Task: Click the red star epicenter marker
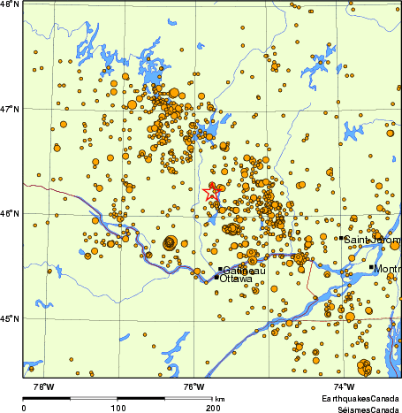click(212, 190)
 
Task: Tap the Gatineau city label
click(241, 270)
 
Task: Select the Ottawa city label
click(235, 279)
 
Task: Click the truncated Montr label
click(387, 268)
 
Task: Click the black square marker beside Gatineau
click(220, 269)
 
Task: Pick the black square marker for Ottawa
click(216, 278)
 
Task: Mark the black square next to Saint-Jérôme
click(342, 238)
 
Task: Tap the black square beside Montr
click(371, 267)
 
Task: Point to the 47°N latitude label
click(10, 110)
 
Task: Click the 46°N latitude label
click(10, 213)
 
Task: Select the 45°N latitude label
click(10, 318)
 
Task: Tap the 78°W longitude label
click(42, 386)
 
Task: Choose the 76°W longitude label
click(194, 386)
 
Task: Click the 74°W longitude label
click(345, 386)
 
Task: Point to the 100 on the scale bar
click(117, 408)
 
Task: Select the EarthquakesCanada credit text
click(360, 401)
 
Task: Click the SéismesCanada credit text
click(363, 409)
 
